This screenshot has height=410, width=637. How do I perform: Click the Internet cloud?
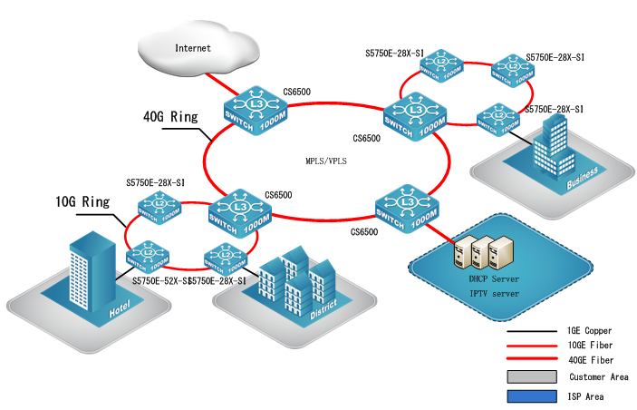[x=195, y=44]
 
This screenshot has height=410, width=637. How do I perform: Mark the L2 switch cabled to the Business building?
[x=497, y=118]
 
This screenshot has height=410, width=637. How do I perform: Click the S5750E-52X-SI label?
[x=159, y=281]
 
